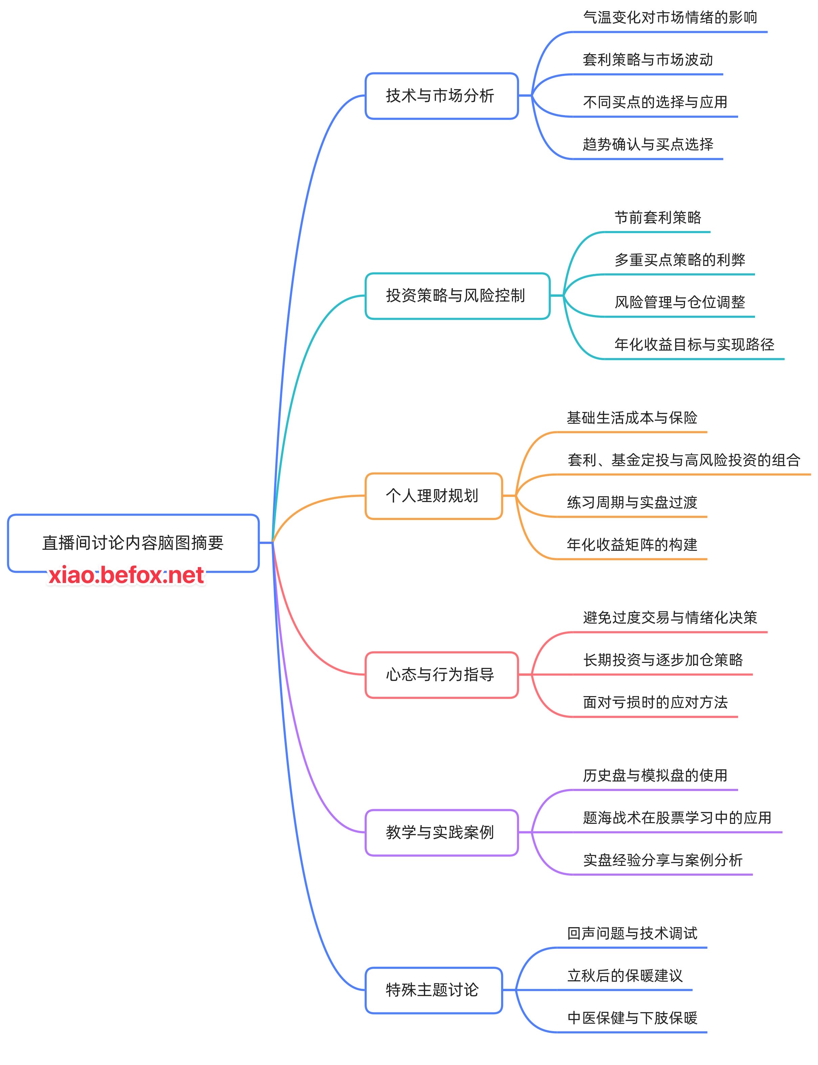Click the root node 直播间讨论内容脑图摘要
tap(133, 542)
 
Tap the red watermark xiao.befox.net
tap(126, 576)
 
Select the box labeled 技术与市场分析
tap(441, 96)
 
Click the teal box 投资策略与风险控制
tap(457, 296)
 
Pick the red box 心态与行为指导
tap(441, 675)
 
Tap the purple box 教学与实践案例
tap(441, 832)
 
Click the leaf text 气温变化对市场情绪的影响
tap(670, 18)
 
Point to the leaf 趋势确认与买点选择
tap(648, 144)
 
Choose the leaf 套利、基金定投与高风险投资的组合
tap(684, 460)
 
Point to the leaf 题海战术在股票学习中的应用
tap(677, 817)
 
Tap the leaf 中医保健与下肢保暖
tap(632, 1018)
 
